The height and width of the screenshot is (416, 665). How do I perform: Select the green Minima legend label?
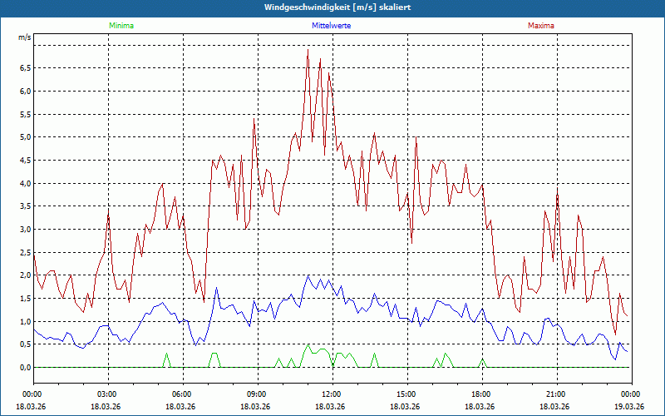[121, 26]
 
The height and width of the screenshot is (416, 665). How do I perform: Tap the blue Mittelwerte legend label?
[332, 26]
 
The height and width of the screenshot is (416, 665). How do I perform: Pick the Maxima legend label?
[541, 26]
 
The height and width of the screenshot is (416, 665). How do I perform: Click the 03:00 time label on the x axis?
[107, 394]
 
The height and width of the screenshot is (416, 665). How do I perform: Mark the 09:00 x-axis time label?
[257, 394]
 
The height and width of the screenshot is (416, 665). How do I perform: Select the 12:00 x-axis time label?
[332, 394]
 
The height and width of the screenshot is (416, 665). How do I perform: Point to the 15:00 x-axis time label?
[406, 394]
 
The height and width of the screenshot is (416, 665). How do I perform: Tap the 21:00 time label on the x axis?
[556, 394]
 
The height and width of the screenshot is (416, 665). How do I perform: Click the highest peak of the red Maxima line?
[308, 49]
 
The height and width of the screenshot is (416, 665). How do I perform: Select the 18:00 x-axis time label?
[481, 394]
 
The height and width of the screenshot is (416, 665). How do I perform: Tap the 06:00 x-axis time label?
[182, 394]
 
